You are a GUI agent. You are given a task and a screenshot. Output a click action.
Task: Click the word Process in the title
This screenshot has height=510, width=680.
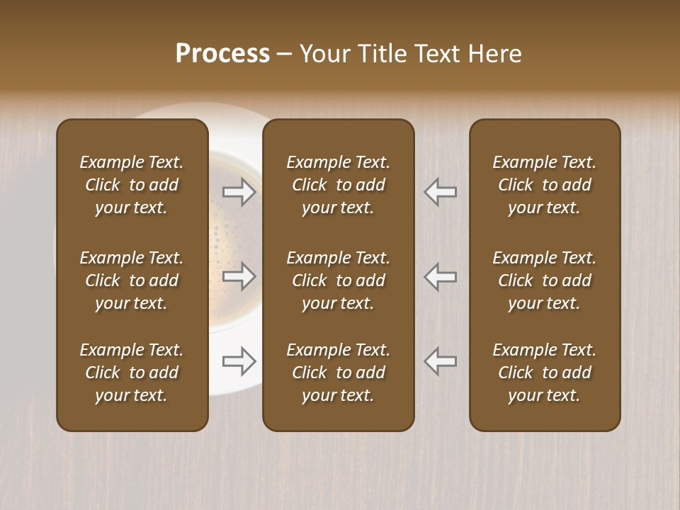click(222, 54)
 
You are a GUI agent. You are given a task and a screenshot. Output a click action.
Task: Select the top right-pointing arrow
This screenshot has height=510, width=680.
click(239, 192)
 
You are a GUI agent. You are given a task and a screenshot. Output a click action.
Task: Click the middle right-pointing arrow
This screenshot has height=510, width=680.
click(239, 276)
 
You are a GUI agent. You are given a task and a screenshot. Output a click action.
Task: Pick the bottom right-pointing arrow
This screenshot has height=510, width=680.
click(239, 361)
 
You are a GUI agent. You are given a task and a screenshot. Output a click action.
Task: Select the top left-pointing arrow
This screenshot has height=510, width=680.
click(441, 192)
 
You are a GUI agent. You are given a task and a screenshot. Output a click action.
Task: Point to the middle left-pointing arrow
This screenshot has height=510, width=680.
click(441, 276)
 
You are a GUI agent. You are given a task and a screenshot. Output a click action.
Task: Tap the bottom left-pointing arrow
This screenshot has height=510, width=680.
click(441, 361)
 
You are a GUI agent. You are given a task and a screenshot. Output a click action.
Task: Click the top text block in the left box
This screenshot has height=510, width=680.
click(132, 185)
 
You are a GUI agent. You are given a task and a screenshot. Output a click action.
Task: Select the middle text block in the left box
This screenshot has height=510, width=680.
click(132, 280)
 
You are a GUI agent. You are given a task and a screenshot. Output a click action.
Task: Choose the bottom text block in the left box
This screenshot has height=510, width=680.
click(132, 373)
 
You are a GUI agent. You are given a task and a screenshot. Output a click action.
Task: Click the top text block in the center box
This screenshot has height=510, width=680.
click(338, 185)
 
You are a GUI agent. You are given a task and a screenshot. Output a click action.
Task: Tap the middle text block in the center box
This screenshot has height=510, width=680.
click(338, 280)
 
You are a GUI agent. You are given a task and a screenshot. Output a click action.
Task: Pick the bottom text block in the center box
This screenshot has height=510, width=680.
click(338, 373)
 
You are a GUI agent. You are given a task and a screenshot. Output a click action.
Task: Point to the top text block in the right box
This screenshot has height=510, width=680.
click(544, 185)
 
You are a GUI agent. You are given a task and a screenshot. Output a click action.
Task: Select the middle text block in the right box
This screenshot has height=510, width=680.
click(544, 280)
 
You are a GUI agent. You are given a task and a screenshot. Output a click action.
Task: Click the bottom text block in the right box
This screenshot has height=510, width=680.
click(544, 373)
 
